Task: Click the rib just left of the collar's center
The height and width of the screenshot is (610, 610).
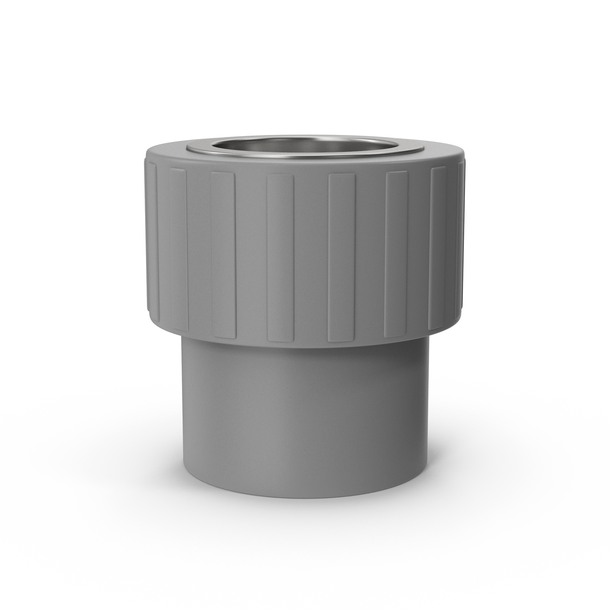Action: (x=280, y=257)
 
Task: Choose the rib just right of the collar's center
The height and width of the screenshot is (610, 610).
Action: (x=342, y=257)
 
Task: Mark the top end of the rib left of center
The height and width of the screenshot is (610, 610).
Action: (x=280, y=177)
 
